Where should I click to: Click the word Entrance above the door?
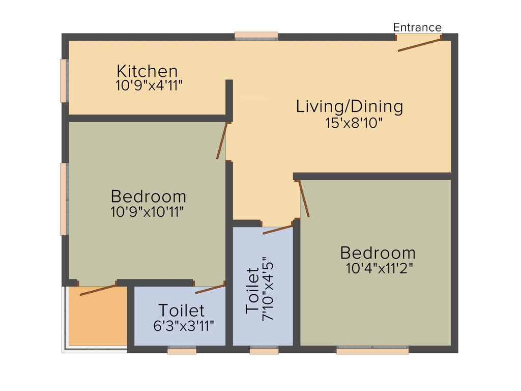(417, 27)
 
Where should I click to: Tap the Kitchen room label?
(147, 71)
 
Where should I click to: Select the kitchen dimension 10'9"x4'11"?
(149, 85)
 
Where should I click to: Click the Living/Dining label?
(350, 107)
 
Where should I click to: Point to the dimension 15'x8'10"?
(354, 123)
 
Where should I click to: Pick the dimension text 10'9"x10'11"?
(147, 212)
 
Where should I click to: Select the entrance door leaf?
(419, 44)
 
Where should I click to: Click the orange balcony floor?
(98, 318)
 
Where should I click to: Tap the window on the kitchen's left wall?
(64, 80)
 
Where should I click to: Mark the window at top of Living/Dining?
(256, 36)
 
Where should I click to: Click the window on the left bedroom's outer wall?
(64, 199)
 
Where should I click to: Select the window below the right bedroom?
(372, 350)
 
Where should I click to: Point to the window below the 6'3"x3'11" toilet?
(182, 350)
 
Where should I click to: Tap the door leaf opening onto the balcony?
(98, 290)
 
